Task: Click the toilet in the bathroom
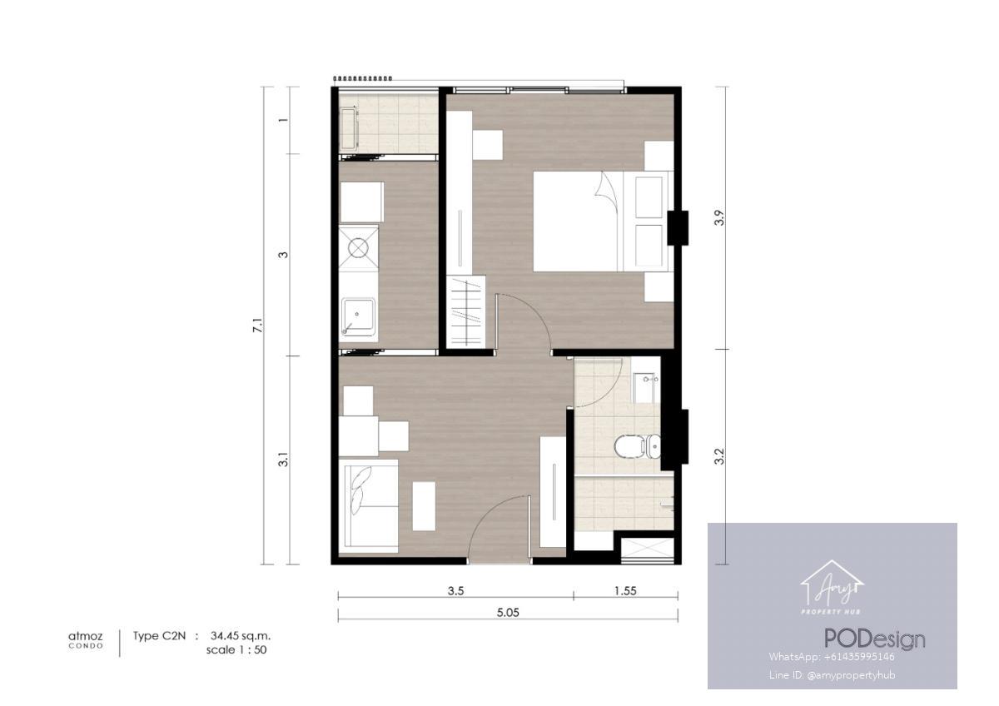[638, 445]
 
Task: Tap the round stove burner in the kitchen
[358, 248]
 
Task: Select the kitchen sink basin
[358, 317]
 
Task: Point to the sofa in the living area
[368, 505]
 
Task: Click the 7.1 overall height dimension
[258, 326]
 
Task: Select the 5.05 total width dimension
[508, 613]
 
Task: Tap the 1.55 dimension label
[625, 591]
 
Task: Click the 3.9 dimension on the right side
[719, 217]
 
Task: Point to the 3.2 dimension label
[719, 456]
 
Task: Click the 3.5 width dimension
[456, 591]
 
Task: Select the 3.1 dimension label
[283, 460]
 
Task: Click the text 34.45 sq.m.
[241, 635]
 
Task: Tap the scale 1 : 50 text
[236, 650]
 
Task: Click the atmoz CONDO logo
[86, 639]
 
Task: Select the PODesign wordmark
[875, 639]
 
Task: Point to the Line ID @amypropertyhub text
[832, 675]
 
